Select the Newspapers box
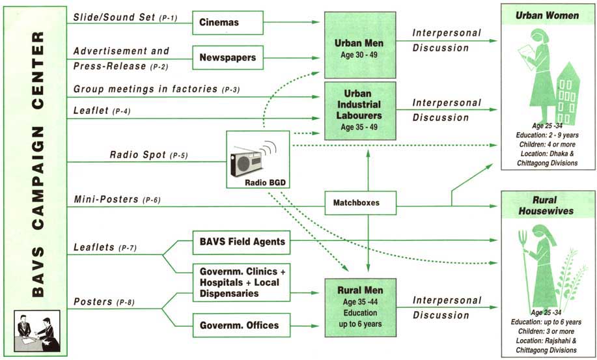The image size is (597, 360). coord(228,58)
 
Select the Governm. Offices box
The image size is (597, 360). coord(239,325)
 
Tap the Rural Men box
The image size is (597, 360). coord(361,305)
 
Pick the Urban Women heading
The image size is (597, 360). coord(547,16)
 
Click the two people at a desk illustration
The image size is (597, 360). coord(37,332)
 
